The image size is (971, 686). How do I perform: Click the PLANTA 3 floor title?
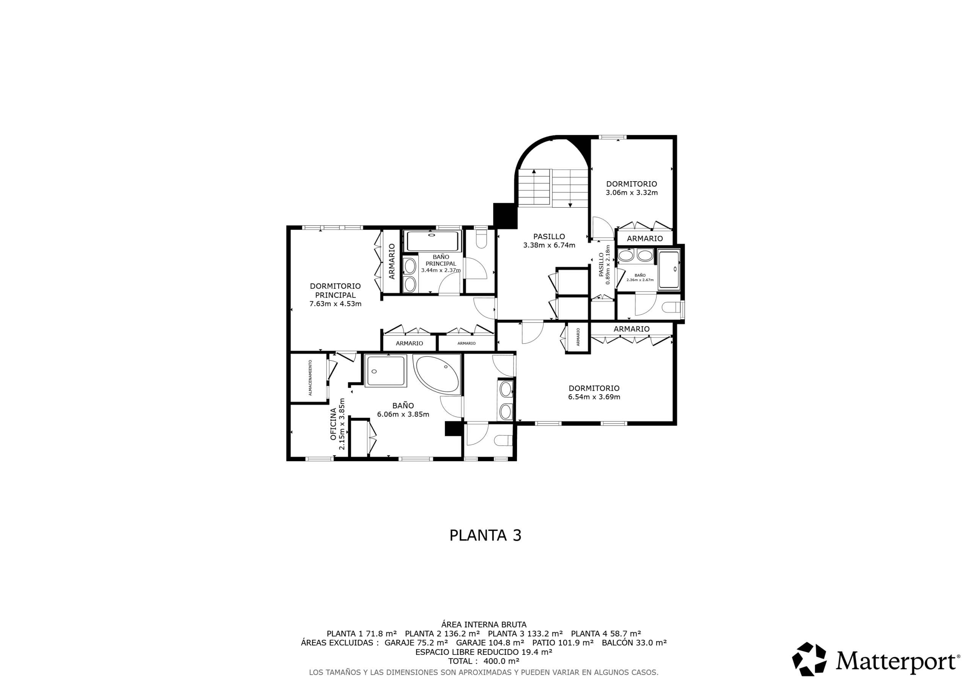(485, 536)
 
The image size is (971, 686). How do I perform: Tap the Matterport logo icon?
(809, 659)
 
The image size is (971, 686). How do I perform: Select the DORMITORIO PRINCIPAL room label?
(335, 291)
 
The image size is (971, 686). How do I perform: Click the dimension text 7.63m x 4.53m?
(335, 304)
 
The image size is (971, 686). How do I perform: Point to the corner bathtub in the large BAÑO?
(437, 373)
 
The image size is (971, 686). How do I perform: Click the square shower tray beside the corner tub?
(386, 371)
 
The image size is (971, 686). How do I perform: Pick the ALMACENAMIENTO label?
(310, 378)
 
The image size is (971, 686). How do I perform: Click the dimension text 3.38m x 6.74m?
(549, 245)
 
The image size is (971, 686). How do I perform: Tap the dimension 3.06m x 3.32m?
(632, 193)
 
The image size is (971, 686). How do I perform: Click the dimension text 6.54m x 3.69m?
(594, 397)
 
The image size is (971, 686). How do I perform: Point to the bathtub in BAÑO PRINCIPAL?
(432, 241)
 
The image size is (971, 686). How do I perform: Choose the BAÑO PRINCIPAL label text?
(441, 260)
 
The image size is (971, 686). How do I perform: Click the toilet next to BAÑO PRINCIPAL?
(481, 239)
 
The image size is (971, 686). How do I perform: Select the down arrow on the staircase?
(570, 205)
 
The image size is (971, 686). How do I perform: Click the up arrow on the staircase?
(534, 172)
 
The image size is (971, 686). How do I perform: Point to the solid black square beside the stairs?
(505, 216)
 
